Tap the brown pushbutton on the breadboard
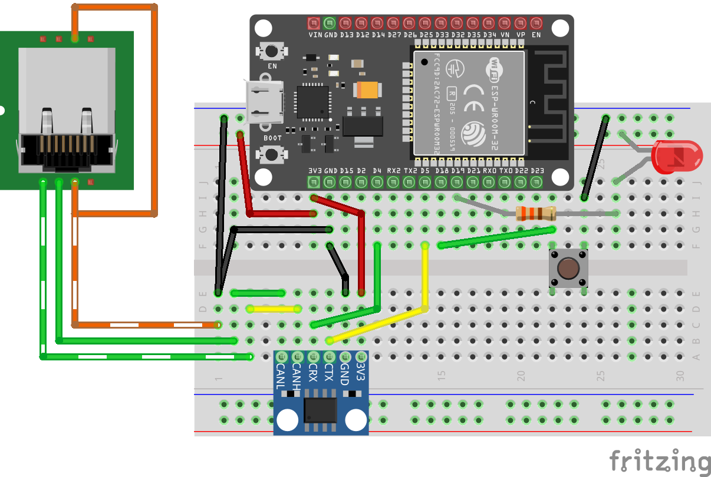[x=568, y=269]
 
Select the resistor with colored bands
[x=535, y=214]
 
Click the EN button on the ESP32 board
[x=272, y=51]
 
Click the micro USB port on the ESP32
[x=264, y=101]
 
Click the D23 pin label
[x=536, y=171]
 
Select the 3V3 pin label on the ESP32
[x=314, y=171]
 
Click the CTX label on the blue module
[x=329, y=373]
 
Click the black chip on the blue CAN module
[x=320, y=410]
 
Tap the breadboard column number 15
[x=441, y=375]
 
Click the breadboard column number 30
[x=680, y=375]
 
